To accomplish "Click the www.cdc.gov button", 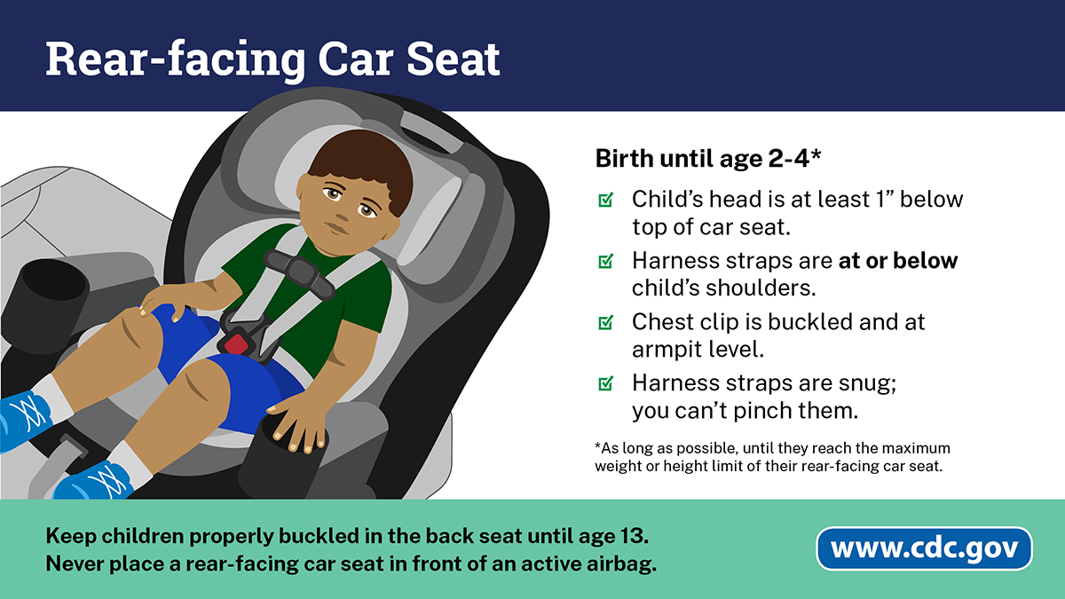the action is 924,548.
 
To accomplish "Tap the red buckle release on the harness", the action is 236,343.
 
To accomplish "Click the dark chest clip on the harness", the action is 299,275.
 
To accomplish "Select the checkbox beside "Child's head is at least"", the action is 605,200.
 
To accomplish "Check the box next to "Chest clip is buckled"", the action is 605,322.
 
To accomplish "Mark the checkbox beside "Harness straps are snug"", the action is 605,383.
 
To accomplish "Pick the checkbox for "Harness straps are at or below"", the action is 605,261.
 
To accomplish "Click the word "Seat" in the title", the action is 453,59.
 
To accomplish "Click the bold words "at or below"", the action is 898,261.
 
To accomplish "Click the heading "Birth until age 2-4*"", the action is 708,158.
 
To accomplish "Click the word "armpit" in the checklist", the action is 667,350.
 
